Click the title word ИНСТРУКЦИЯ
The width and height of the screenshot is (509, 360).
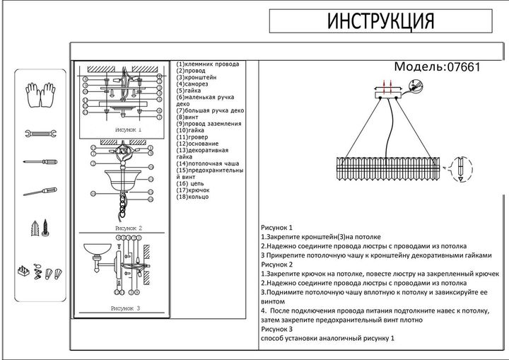pyautogui.click(x=380, y=22)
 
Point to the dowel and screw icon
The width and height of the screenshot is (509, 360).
pyautogui.click(x=40, y=228)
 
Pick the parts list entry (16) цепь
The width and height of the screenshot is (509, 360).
pyautogui.click(x=192, y=183)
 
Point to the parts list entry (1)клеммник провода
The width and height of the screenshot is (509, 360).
pyautogui.click(x=208, y=64)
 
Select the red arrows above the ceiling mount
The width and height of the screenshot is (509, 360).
pyautogui.click(x=387, y=86)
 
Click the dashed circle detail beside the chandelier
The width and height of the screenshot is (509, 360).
pyautogui.click(x=460, y=167)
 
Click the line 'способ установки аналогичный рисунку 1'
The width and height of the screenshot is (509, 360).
pyautogui.click(x=327, y=339)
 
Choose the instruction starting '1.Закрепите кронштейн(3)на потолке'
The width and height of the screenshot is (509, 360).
pyautogui.click(x=321, y=237)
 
